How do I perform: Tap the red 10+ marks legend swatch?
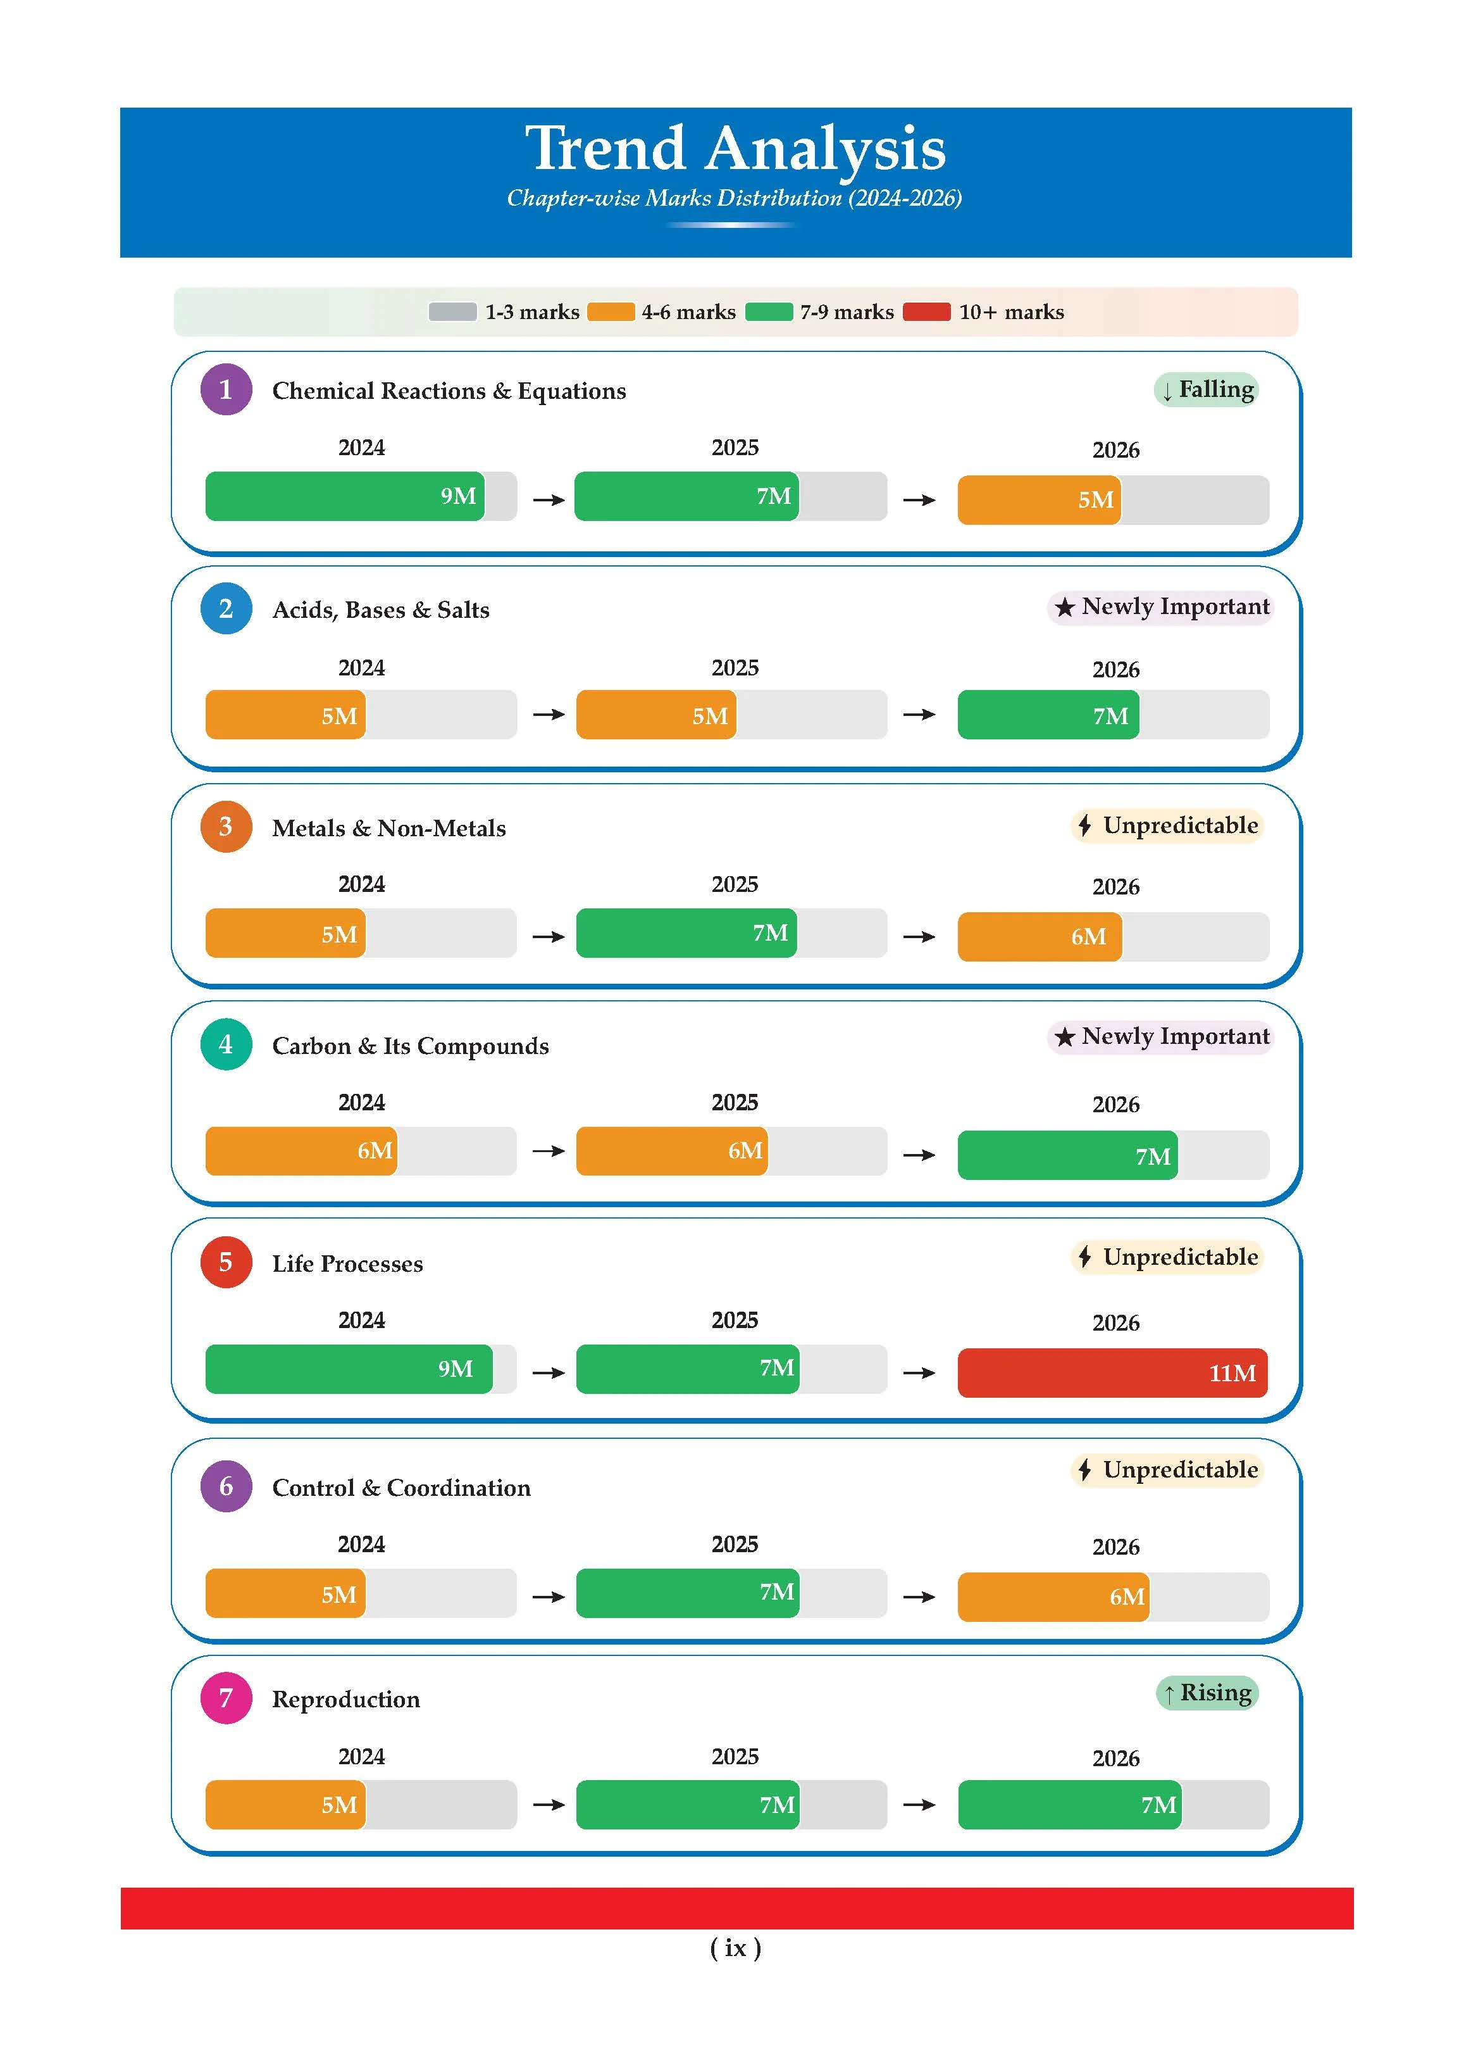pos(927,312)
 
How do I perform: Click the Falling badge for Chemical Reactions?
pos(1207,390)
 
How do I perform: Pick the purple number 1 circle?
pos(225,390)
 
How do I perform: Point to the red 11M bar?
pos(1112,1373)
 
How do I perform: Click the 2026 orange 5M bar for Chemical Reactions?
pos(1039,499)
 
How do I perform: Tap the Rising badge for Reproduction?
pos(1207,1693)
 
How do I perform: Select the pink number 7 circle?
pos(225,1698)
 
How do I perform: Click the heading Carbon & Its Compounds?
pos(411,1046)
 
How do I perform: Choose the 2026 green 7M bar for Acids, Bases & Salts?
pos(1048,715)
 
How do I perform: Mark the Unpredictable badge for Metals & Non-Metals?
pos(1167,825)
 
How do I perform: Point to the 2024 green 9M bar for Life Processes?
pos(349,1369)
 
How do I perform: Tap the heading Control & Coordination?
pos(401,1487)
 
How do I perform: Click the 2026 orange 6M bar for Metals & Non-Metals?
pos(1039,936)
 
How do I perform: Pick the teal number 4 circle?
pos(225,1044)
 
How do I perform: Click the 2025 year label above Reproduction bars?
pos(735,1757)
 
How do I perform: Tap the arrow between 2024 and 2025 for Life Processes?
pos(548,1373)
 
